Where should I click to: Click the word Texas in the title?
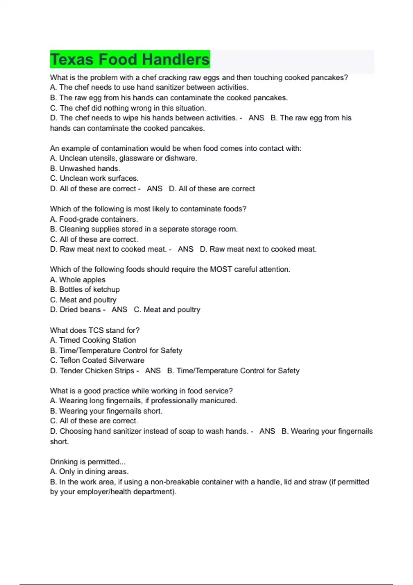tap(72, 60)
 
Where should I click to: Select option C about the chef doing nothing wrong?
tap(128, 108)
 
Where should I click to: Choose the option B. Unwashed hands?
tap(85, 169)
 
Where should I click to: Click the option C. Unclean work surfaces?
tap(94, 178)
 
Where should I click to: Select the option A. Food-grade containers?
tap(94, 219)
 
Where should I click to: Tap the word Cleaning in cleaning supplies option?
tap(73, 229)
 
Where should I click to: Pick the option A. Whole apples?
tap(78, 280)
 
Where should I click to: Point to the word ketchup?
tap(107, 289)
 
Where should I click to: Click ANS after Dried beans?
tap(119, 310)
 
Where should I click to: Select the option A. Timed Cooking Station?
tap(93, 340)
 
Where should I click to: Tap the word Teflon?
tap(71, 360)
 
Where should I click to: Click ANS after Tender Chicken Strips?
tap(153, 371)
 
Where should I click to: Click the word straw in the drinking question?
tap(317, 482)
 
